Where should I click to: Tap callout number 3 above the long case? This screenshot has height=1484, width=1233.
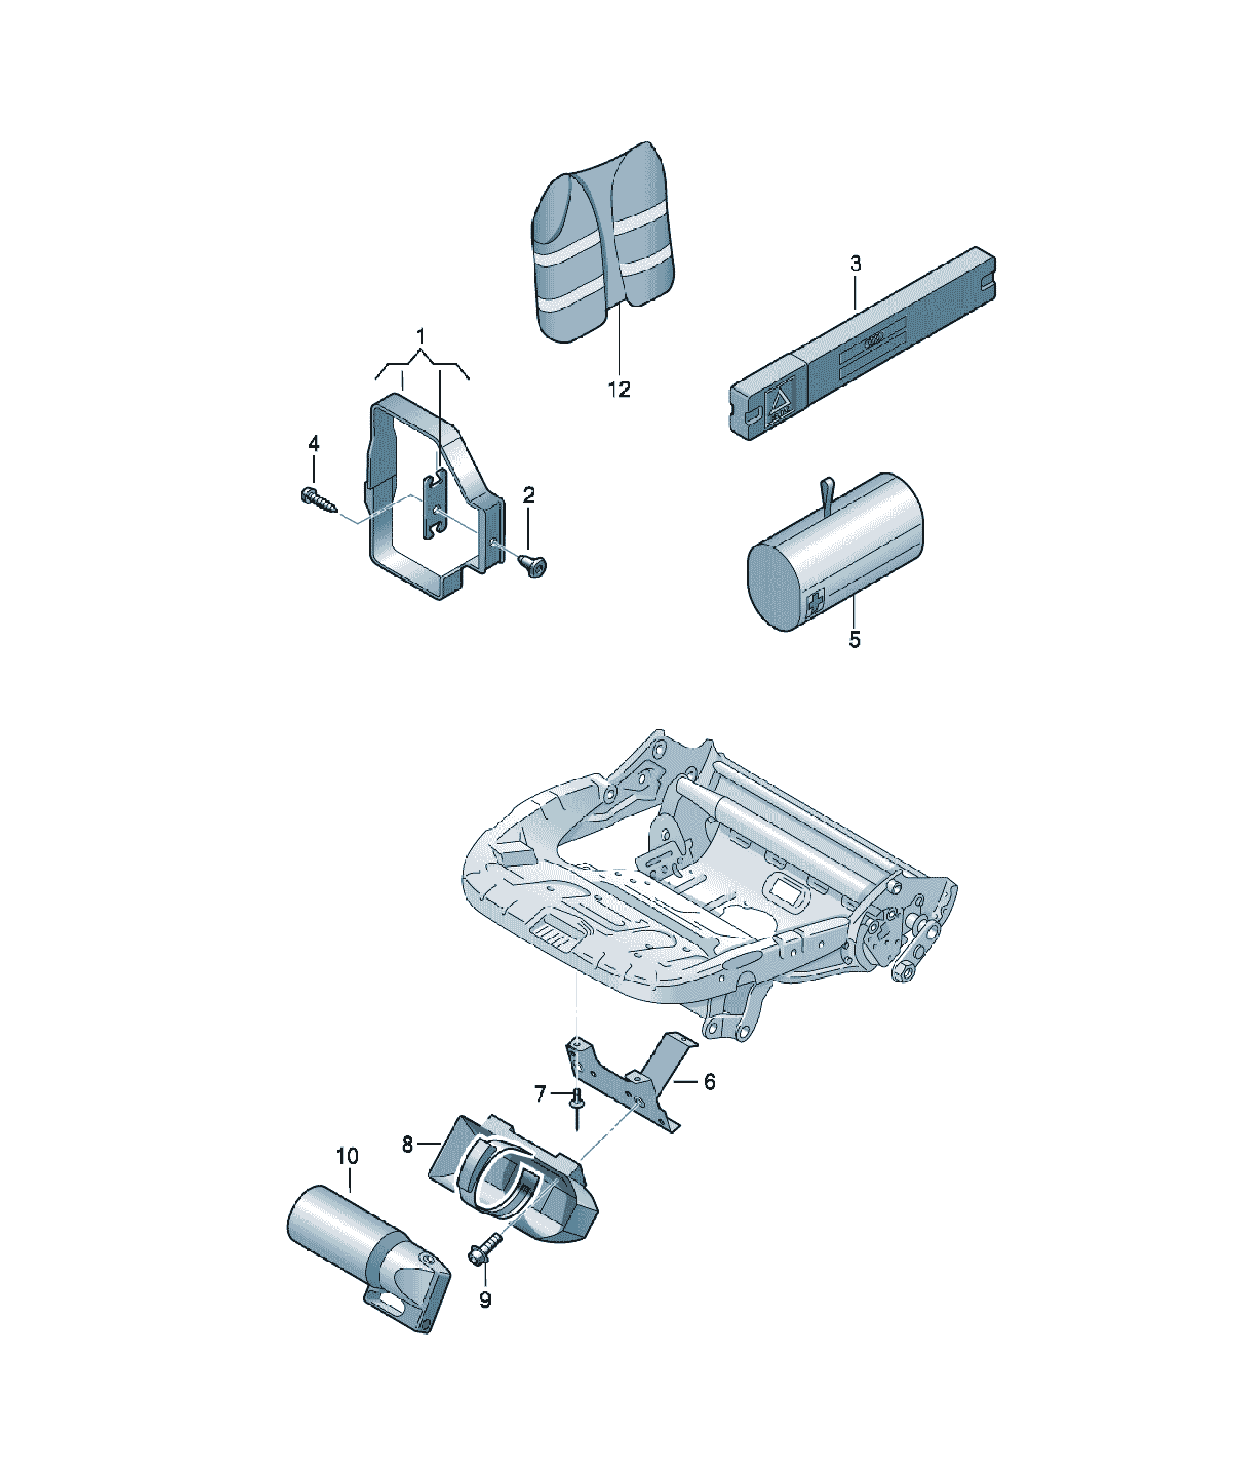click(855, 264)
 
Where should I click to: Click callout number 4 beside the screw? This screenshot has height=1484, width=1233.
click(313, 444)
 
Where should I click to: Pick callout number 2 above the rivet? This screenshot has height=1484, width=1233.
click(528, 495)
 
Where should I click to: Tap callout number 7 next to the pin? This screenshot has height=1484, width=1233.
click(541, 1094)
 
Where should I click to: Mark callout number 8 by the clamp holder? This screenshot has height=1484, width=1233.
click(407, 1144)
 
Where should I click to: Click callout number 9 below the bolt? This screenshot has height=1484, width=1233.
click(484, 1300)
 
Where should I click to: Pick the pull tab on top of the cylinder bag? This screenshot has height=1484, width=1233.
click(826, 494)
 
